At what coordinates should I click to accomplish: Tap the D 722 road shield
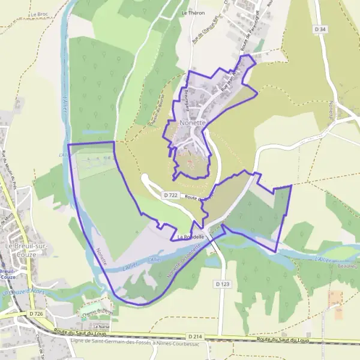coord(170,195)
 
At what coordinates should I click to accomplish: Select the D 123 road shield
coord(221,283)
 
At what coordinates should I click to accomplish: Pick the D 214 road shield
coord(194,337)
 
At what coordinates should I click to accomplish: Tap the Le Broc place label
coord(39,13)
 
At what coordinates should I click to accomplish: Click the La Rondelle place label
coord(191,236)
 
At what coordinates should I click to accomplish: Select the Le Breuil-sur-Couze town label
coord(20,250)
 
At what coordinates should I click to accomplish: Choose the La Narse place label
coord(92,327)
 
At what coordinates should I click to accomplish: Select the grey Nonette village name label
coord(192,122)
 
